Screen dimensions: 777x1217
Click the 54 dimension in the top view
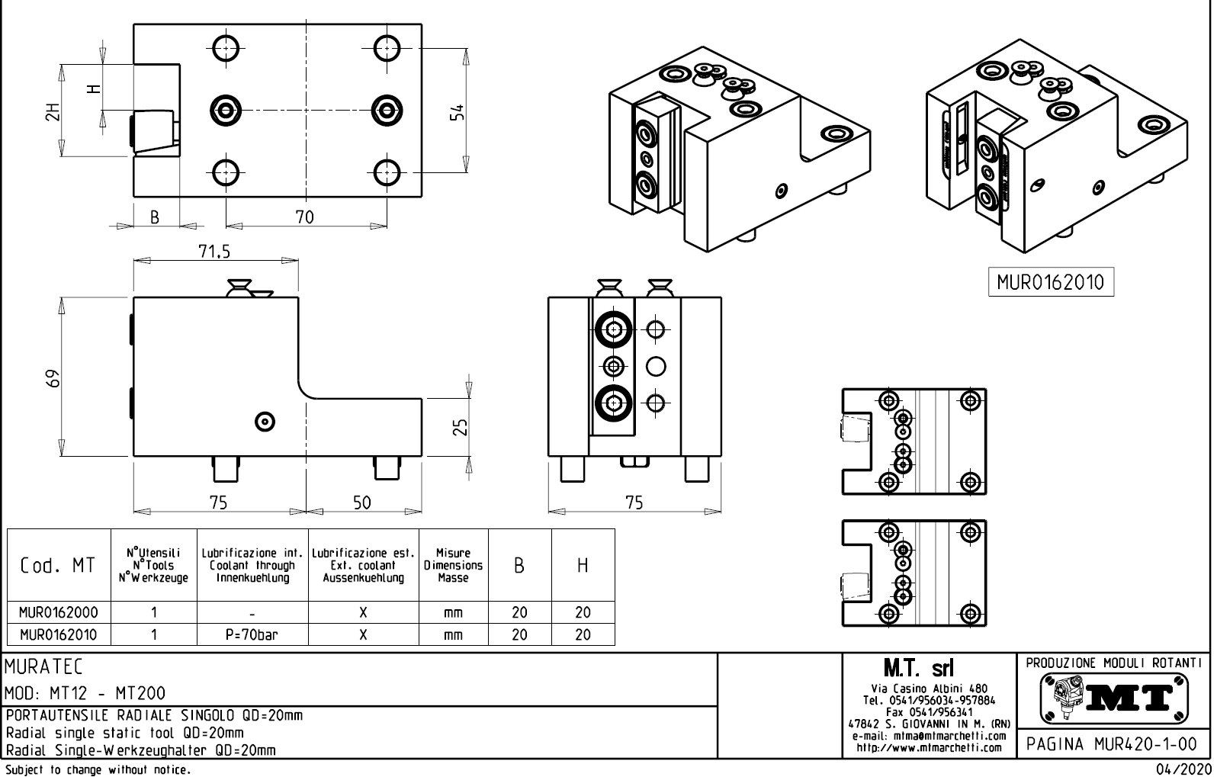457,112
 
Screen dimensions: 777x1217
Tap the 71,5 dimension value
214,251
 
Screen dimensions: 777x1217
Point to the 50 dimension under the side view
362,502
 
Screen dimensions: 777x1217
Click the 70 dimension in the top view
304,217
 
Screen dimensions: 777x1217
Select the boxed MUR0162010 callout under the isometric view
1050,282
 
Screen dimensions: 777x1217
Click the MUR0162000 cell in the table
58,612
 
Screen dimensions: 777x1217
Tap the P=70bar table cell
252,634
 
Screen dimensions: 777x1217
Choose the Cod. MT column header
58,565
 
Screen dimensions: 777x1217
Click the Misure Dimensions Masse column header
453,565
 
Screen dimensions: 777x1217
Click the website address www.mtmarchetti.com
929,748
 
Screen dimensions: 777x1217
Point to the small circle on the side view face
265,420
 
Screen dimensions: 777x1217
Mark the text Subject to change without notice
97,769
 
